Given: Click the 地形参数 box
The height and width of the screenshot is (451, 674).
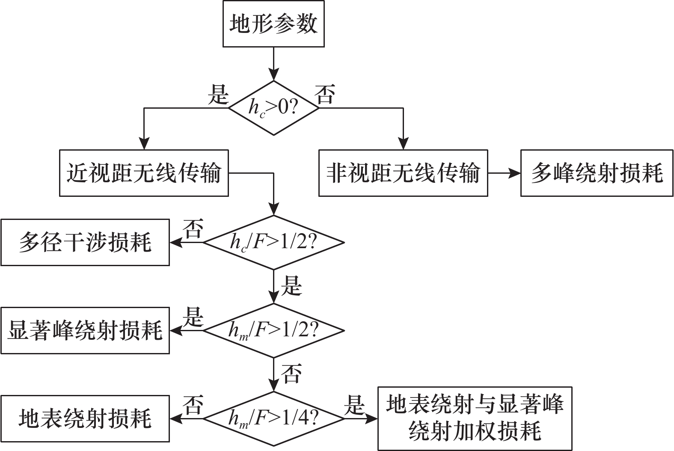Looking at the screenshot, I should (273, 24).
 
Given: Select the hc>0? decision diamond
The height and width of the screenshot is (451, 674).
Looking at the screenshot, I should (274, 108).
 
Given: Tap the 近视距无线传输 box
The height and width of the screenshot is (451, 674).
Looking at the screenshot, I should (144, 173).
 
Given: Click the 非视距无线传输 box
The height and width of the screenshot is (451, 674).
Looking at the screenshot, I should (403, 173).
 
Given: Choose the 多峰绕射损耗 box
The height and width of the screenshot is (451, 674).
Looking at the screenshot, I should (597, 173).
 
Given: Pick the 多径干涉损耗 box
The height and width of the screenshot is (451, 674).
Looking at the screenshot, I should (85, 242).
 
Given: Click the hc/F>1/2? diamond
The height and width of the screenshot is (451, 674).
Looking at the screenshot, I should (274, 243).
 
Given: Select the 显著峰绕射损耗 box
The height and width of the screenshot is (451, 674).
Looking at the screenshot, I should (85, 330).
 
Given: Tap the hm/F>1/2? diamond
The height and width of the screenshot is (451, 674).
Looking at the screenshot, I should (274, 330).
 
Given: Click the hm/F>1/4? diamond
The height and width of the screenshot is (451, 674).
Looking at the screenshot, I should (274, 418).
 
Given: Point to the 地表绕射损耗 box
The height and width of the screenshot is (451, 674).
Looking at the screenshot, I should (85, 418).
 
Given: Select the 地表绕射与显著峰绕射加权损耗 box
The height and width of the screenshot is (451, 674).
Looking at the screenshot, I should (475, 418).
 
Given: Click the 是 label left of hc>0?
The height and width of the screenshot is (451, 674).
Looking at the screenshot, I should (218, 94).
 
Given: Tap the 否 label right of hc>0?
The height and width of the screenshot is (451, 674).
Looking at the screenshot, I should (325, 94).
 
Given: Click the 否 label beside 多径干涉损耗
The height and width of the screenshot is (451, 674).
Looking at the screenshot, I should (193, 229).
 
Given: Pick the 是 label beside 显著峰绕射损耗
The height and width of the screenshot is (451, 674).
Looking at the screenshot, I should (193, 317).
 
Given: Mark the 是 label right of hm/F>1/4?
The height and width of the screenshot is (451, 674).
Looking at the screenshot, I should (355, 404).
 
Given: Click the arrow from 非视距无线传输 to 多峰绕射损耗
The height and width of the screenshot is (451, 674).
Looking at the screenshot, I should (504, 173).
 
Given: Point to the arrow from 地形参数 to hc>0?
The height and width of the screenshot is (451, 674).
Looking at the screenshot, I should (273, 63).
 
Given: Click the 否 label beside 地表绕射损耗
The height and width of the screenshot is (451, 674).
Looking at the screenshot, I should (193, 404).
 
